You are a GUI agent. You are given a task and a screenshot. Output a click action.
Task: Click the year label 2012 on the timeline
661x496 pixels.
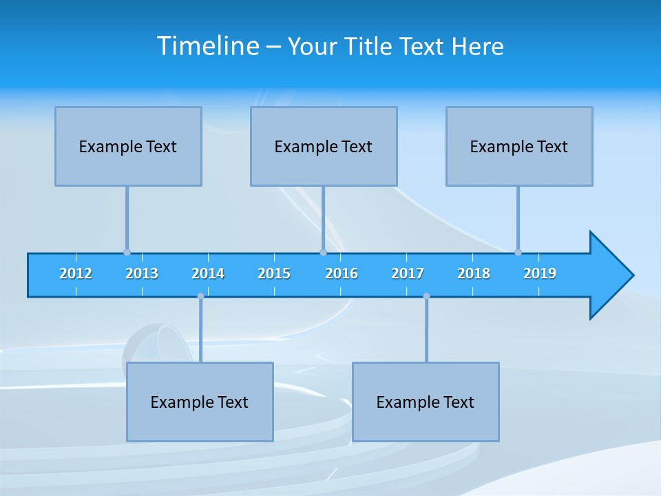tap(76, 273)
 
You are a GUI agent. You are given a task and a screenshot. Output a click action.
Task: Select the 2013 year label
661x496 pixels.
tap(142, 273)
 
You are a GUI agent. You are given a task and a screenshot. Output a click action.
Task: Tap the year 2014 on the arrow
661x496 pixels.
tap(208, 273)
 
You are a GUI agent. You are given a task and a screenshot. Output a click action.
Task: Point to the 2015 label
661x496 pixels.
tap(274, 273)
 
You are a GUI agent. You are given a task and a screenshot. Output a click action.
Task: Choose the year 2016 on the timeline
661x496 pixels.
tap(342, 273)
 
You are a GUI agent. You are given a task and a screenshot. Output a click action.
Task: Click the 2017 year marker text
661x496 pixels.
tap(408, 273)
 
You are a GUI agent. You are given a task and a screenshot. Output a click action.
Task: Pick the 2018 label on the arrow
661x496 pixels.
tap(474, 273)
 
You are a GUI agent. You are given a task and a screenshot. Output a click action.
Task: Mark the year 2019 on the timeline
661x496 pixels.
tap(540, 273)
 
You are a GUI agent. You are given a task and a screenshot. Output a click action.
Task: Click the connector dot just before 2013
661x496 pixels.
tap(127, 252)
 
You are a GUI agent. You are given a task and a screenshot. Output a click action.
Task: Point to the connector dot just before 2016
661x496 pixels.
tap(323, 252)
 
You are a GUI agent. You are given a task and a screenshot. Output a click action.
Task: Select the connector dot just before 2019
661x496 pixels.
tap(518, 252)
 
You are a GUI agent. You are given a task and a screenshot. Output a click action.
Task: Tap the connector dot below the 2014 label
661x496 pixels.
tap(200, 296)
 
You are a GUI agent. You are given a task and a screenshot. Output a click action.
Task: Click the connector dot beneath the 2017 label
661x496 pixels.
tap(426, 296)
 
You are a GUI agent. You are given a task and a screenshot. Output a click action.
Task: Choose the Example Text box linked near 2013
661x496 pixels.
tap(128, 146)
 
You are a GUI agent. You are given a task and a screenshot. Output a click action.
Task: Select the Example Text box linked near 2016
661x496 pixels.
tap(324, 146)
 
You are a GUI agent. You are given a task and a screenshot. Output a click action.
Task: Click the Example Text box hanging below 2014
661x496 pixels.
tap(200, 402)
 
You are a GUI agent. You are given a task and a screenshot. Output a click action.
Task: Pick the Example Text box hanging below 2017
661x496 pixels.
tap(426, 402)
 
